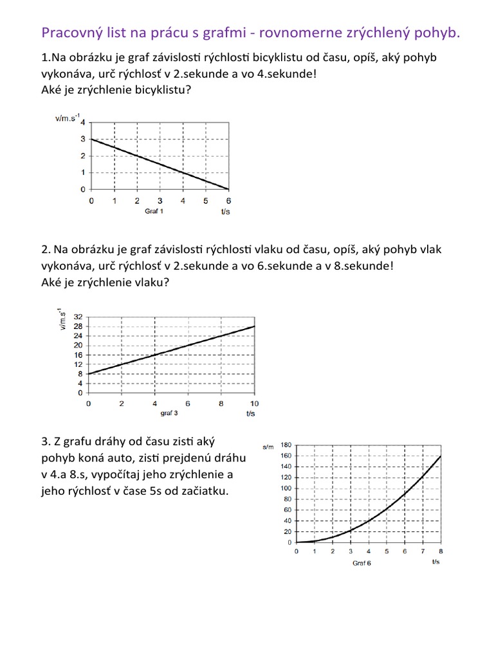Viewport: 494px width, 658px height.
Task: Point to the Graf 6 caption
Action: click(361, 564)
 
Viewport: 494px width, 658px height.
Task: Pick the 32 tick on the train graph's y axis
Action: click(78, 317)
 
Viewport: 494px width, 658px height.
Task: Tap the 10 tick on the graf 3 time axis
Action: click(254, 404)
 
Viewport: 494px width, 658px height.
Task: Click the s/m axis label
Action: click(269, 445)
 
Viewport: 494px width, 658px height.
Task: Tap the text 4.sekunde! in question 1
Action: click(287, 74)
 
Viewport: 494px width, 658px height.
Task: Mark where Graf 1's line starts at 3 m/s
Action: click(91, 139)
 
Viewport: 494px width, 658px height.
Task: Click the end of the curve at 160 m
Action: click(441, 456)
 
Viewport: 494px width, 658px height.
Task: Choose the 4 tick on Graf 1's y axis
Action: click(82, 122)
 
